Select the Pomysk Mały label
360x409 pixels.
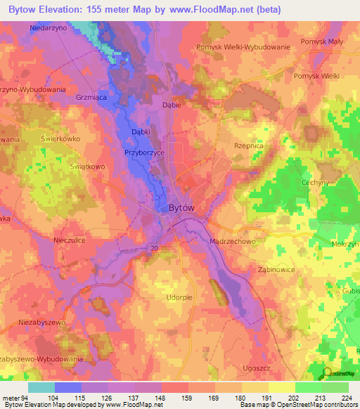tap(321, 42)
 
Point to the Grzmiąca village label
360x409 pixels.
tap(91, 98)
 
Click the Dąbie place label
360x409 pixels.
tap(172, 105)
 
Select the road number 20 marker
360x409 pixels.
tap(153, 248)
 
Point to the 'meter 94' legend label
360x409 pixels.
tap(15, 398)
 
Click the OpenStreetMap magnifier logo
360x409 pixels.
tap(326, 372)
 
